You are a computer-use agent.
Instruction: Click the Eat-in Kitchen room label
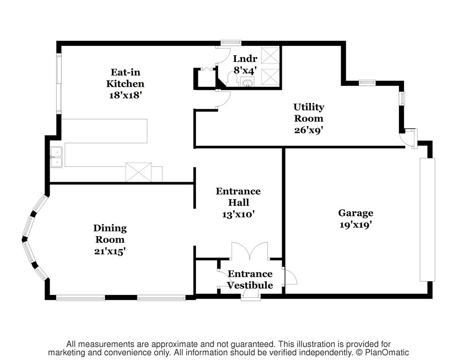pyautogui.click(x=125, y=78)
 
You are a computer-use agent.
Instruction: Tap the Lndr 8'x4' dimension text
pyautogui.click(x=245, y=70)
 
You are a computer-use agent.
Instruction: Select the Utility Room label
pyautogui.click(x=308, y=112)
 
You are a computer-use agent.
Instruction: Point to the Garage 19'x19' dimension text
pyautogui.click(x=356, y=225)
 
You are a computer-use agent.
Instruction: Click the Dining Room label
pyautogui.click(x=110, y=233)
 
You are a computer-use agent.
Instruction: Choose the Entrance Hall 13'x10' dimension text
pyautogui.click(x=239, y=214)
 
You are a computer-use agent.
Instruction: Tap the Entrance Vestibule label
pyautogui.click(x=250, y=279)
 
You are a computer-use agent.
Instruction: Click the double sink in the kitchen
pyautogui.click(x=57, y=157)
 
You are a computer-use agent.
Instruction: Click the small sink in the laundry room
pyautogui.click(x=247, y=82)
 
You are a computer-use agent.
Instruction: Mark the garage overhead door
pyautogui.click(x=427, y=220)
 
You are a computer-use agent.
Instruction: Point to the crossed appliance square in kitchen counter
pyautogui.click(x=138, y=172)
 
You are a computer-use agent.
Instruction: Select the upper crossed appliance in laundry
pyautogui.click(x=270, y=55)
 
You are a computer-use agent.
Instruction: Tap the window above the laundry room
pyautogui.click(x=231, y=43)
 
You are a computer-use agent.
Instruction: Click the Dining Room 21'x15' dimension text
pyautogui.click(x=110, y=251)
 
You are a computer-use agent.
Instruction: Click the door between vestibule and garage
pyautogui.click(x=289, y=276)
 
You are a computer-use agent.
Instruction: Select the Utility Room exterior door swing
pyautogui.click(x=408, y=139)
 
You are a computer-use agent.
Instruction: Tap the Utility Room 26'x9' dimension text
pyautogui.click(x=308, y=130)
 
